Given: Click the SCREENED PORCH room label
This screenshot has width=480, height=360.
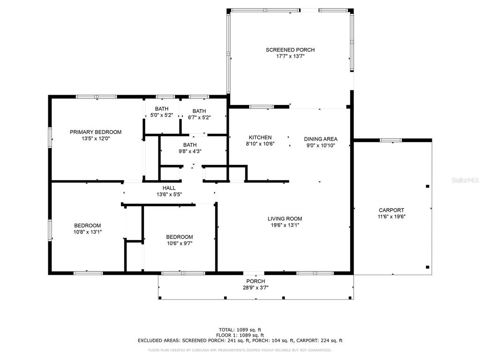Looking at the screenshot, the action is pos(290,50).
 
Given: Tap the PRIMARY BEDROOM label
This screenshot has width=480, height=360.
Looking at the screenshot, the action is pos(96,132).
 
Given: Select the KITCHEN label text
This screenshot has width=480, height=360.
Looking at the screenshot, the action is pos(260,138).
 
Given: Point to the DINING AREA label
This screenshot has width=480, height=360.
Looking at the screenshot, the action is pos(321,139).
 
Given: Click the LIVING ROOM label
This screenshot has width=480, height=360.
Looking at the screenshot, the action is pos(285,219).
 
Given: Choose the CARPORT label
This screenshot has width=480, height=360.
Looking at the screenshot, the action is pos(391,210).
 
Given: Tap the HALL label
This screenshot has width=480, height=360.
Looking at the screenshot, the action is pos(169,188).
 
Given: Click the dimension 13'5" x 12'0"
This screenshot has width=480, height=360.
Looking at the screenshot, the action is pos(96,139).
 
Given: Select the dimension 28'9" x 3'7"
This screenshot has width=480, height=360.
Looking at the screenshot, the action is pos(255,288).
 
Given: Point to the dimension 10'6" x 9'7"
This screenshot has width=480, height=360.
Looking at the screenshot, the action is pos(180,244).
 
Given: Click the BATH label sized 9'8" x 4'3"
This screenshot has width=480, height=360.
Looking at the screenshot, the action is pos(190,145).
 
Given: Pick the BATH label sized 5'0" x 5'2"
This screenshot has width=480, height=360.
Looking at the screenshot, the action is pos(162,109).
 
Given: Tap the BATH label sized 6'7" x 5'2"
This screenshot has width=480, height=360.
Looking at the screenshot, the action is pos(199,111).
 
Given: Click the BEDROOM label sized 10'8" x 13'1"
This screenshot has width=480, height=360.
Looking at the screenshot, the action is pos(87,225).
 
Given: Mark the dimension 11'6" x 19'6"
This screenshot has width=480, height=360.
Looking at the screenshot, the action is pos(391,217).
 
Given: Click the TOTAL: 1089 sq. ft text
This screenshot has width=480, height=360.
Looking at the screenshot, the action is pos(240,330).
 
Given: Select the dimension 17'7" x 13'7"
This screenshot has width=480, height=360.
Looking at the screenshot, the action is pos(290,56).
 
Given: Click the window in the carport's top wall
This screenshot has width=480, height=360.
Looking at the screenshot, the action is pos(390,141).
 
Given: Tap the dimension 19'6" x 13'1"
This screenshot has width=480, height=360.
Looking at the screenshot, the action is pos(285,225).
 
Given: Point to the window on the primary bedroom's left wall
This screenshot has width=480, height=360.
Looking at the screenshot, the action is pos(50,138).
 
